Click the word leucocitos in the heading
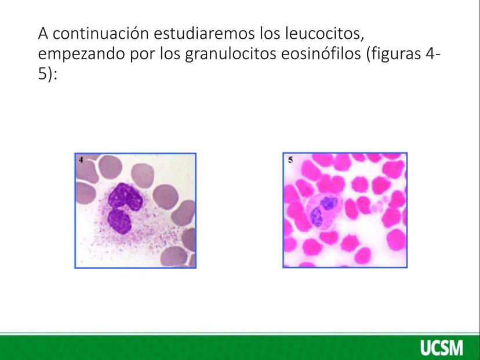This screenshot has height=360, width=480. [x=325, y=34]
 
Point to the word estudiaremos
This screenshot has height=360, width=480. [x=204, y=34]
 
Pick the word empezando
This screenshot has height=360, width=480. [x=81, y=54]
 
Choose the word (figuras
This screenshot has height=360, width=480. [x=394, y=54]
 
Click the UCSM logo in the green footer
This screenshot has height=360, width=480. [x=442, y=348]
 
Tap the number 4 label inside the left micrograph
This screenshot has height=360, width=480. [x=81, y=160]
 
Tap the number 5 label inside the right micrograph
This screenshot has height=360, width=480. [x=290, y=160]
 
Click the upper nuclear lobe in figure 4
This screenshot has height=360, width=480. [x=125, y=197]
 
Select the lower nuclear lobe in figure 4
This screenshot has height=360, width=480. [x=119, y=221]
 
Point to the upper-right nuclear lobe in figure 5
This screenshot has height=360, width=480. [x=329, y=203]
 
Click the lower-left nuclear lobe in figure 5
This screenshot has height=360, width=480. [x=316, y=216]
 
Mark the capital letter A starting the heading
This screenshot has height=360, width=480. [x=43, y=34]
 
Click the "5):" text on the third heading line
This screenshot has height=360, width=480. [x=48, y=74]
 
